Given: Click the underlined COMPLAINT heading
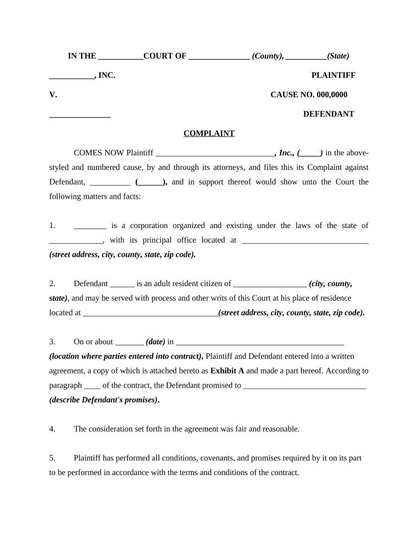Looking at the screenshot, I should coord(209,134).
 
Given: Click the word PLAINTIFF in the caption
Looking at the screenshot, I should coord(333,75).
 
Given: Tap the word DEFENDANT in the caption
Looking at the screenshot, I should coord(328,114).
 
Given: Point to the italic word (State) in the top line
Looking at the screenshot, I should coord(338,56).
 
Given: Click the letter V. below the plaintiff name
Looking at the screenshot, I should coord(53,95).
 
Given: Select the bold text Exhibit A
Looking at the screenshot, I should coord(227,371).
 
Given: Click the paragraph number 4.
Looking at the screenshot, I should coord(52,429).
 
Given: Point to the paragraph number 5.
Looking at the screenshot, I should coord(52,458).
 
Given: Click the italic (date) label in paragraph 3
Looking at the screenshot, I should coord(155,342).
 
